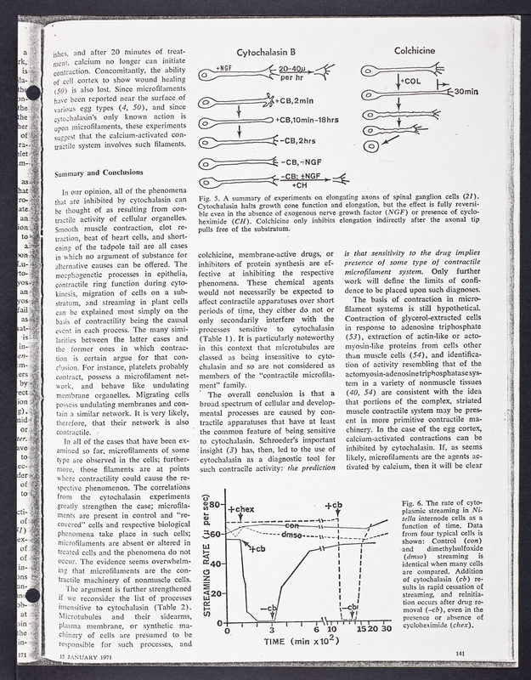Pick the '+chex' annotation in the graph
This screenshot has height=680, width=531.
click(x=240, y=509)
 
